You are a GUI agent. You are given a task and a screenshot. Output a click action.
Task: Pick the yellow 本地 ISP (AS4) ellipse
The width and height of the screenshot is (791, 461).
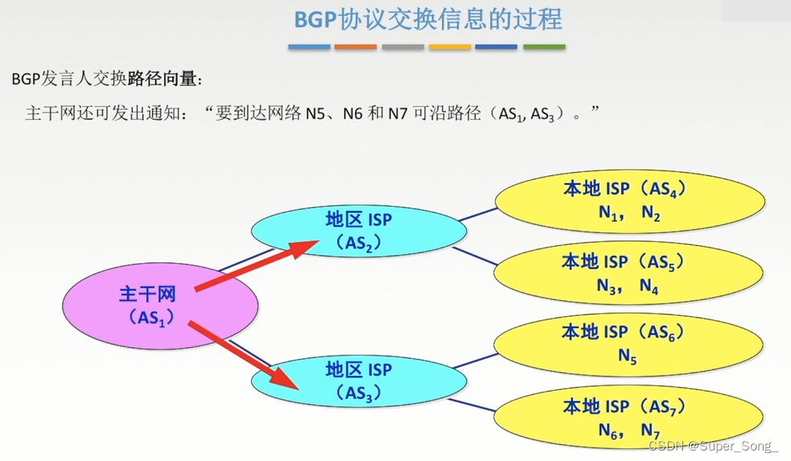628,201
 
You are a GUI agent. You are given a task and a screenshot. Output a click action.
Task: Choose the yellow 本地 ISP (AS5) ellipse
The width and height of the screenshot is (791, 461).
628,273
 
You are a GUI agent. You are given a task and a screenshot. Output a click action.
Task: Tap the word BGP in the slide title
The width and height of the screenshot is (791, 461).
314,19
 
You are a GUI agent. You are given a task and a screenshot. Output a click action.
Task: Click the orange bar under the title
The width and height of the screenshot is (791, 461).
355,47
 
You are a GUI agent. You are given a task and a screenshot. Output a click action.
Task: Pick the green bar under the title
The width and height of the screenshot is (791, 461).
544,47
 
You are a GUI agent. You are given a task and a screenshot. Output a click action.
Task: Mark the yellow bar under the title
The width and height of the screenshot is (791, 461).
450,47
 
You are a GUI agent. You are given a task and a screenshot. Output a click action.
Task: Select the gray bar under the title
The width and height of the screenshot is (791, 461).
402,47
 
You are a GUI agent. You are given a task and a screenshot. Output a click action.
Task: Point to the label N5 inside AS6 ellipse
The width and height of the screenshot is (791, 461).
628,355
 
